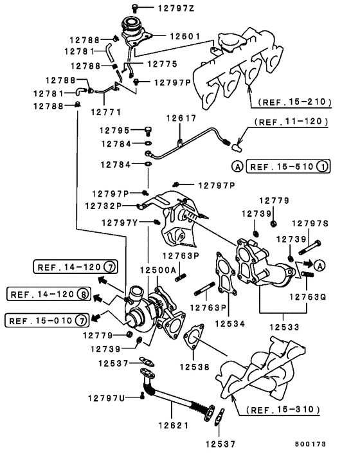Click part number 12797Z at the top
coord(176,8)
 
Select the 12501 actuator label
coord(185,36)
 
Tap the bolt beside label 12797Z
coord(134,8)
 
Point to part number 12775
coord(163,64)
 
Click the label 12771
coord(106,112)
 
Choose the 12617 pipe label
coord(181,118)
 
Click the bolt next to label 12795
coord(148,131)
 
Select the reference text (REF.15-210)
coord(294,102)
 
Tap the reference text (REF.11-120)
coord(291,122)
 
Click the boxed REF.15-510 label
coord(288,167)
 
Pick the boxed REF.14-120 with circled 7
coord(76,267)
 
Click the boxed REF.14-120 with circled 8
coord(49,294)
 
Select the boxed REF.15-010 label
coord(47,321)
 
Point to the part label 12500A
coord(158,270)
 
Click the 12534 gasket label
coord(230,323)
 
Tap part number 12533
coord(285,327)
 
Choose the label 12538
coord(195,367)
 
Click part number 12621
coord(174,425)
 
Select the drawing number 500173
coord(310,444)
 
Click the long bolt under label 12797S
coord(309,248)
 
